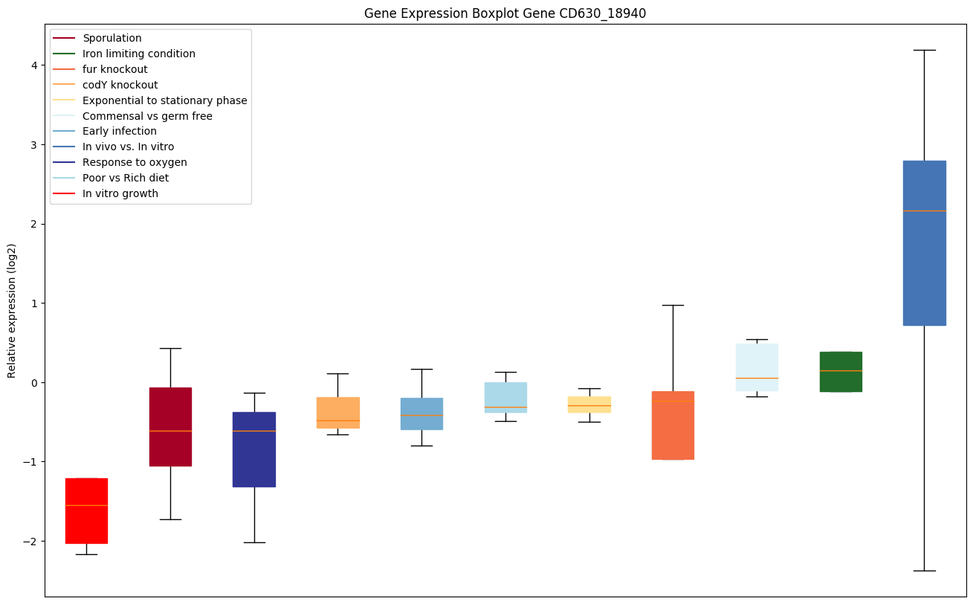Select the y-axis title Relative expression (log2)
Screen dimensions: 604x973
click(12, 310)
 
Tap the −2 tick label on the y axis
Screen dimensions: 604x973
click(30, 542)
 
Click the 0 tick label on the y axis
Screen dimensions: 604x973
click(33, 383)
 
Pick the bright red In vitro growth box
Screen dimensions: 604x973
click(86, 511)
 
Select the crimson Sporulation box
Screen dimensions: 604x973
click(170, 427)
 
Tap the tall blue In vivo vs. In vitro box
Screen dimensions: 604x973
click(924, 243)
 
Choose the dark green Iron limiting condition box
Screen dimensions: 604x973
click(841, 372)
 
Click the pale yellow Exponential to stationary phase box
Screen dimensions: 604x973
click(589, 405)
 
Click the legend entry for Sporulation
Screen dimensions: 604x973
click(112, 39)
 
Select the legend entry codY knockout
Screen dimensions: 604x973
click(120, 86)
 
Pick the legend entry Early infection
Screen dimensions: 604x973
click(120, 132)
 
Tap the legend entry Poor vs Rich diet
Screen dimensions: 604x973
click(126, 179)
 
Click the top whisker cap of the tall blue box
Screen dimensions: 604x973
click(924, 50)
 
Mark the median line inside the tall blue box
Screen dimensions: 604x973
click(924, 211)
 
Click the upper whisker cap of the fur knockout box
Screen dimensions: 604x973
click(673, 305)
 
